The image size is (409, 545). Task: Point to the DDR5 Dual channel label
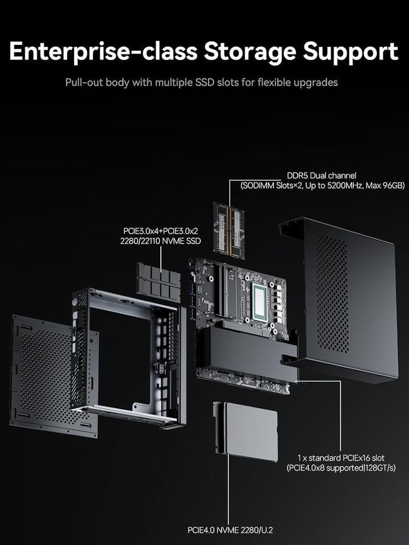321,175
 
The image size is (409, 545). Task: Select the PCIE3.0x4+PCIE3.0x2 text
162,231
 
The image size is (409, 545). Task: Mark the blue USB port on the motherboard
191,294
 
